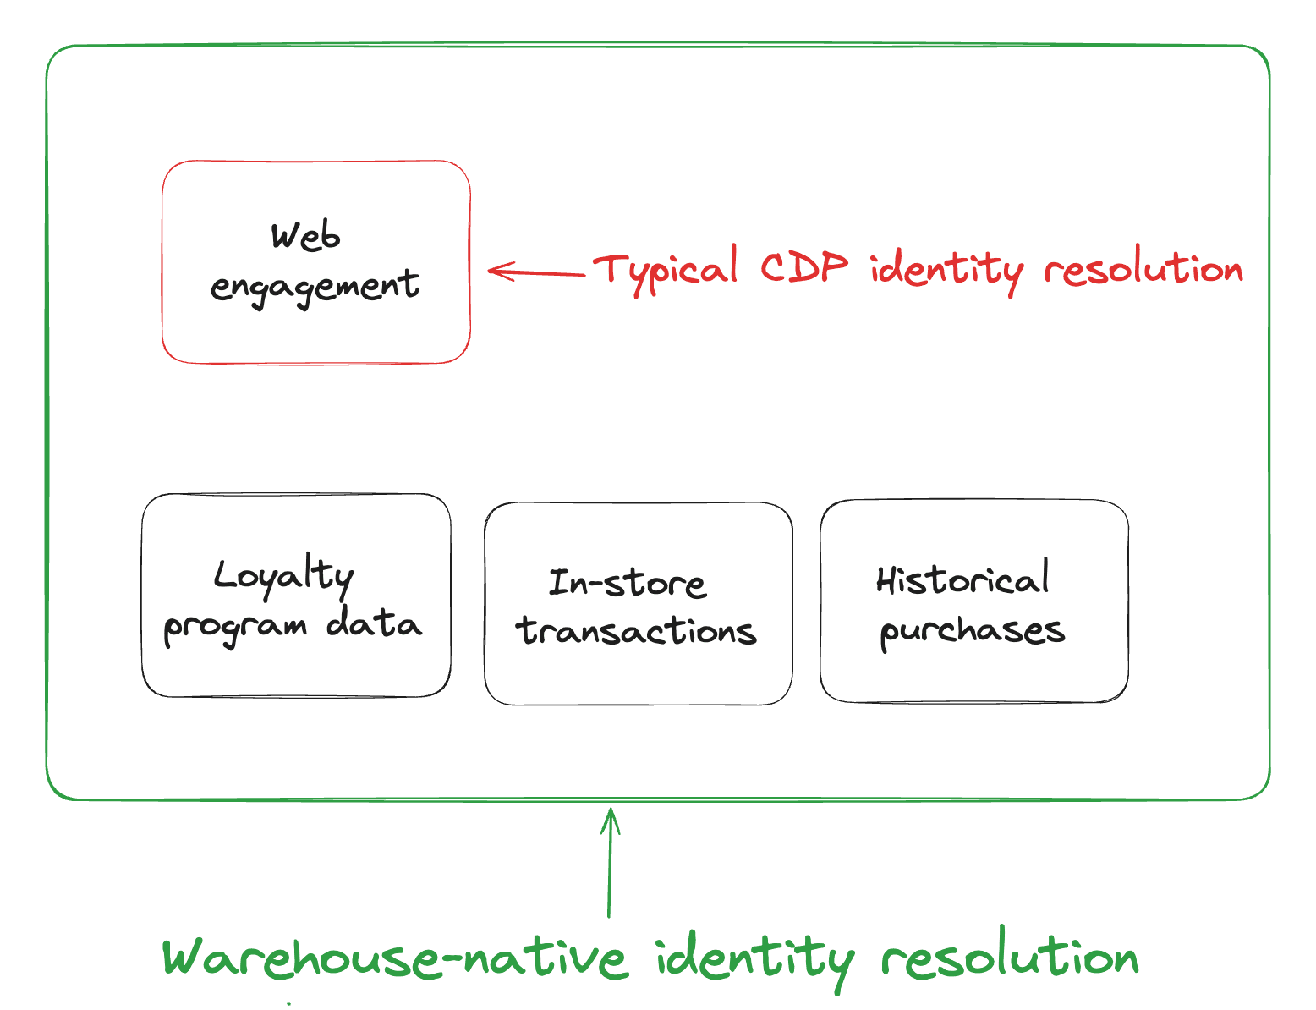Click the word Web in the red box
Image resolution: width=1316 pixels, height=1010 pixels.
[x=305, y=236]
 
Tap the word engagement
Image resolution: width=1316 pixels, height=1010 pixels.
[x=314, y=286]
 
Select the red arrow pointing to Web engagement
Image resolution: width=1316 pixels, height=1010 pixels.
[x=536, y=272]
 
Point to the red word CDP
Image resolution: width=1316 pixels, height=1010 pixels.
[x=803, y=267]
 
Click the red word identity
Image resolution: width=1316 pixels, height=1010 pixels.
[x=946, y=270]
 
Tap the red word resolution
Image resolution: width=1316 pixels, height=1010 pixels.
[x=1143, y=269]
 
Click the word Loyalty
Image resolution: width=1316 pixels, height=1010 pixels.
[x=283, y=577]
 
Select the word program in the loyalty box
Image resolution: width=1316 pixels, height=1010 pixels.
[x=234, y=628]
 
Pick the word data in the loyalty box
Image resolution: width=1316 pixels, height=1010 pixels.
[x=374, y=624]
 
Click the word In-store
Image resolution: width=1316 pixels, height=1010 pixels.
[x=627, y=583]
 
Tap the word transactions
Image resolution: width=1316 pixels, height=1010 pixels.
[x=636, y=631]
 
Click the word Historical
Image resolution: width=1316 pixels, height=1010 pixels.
[x=962, y=579]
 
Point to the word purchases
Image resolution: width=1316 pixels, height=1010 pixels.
[x=972, y=631]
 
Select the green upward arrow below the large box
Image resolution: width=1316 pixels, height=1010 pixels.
[x=609, y=863]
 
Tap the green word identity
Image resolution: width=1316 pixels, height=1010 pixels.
[x=754, y=960]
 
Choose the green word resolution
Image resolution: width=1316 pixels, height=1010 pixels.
[x=1010, y=957]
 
